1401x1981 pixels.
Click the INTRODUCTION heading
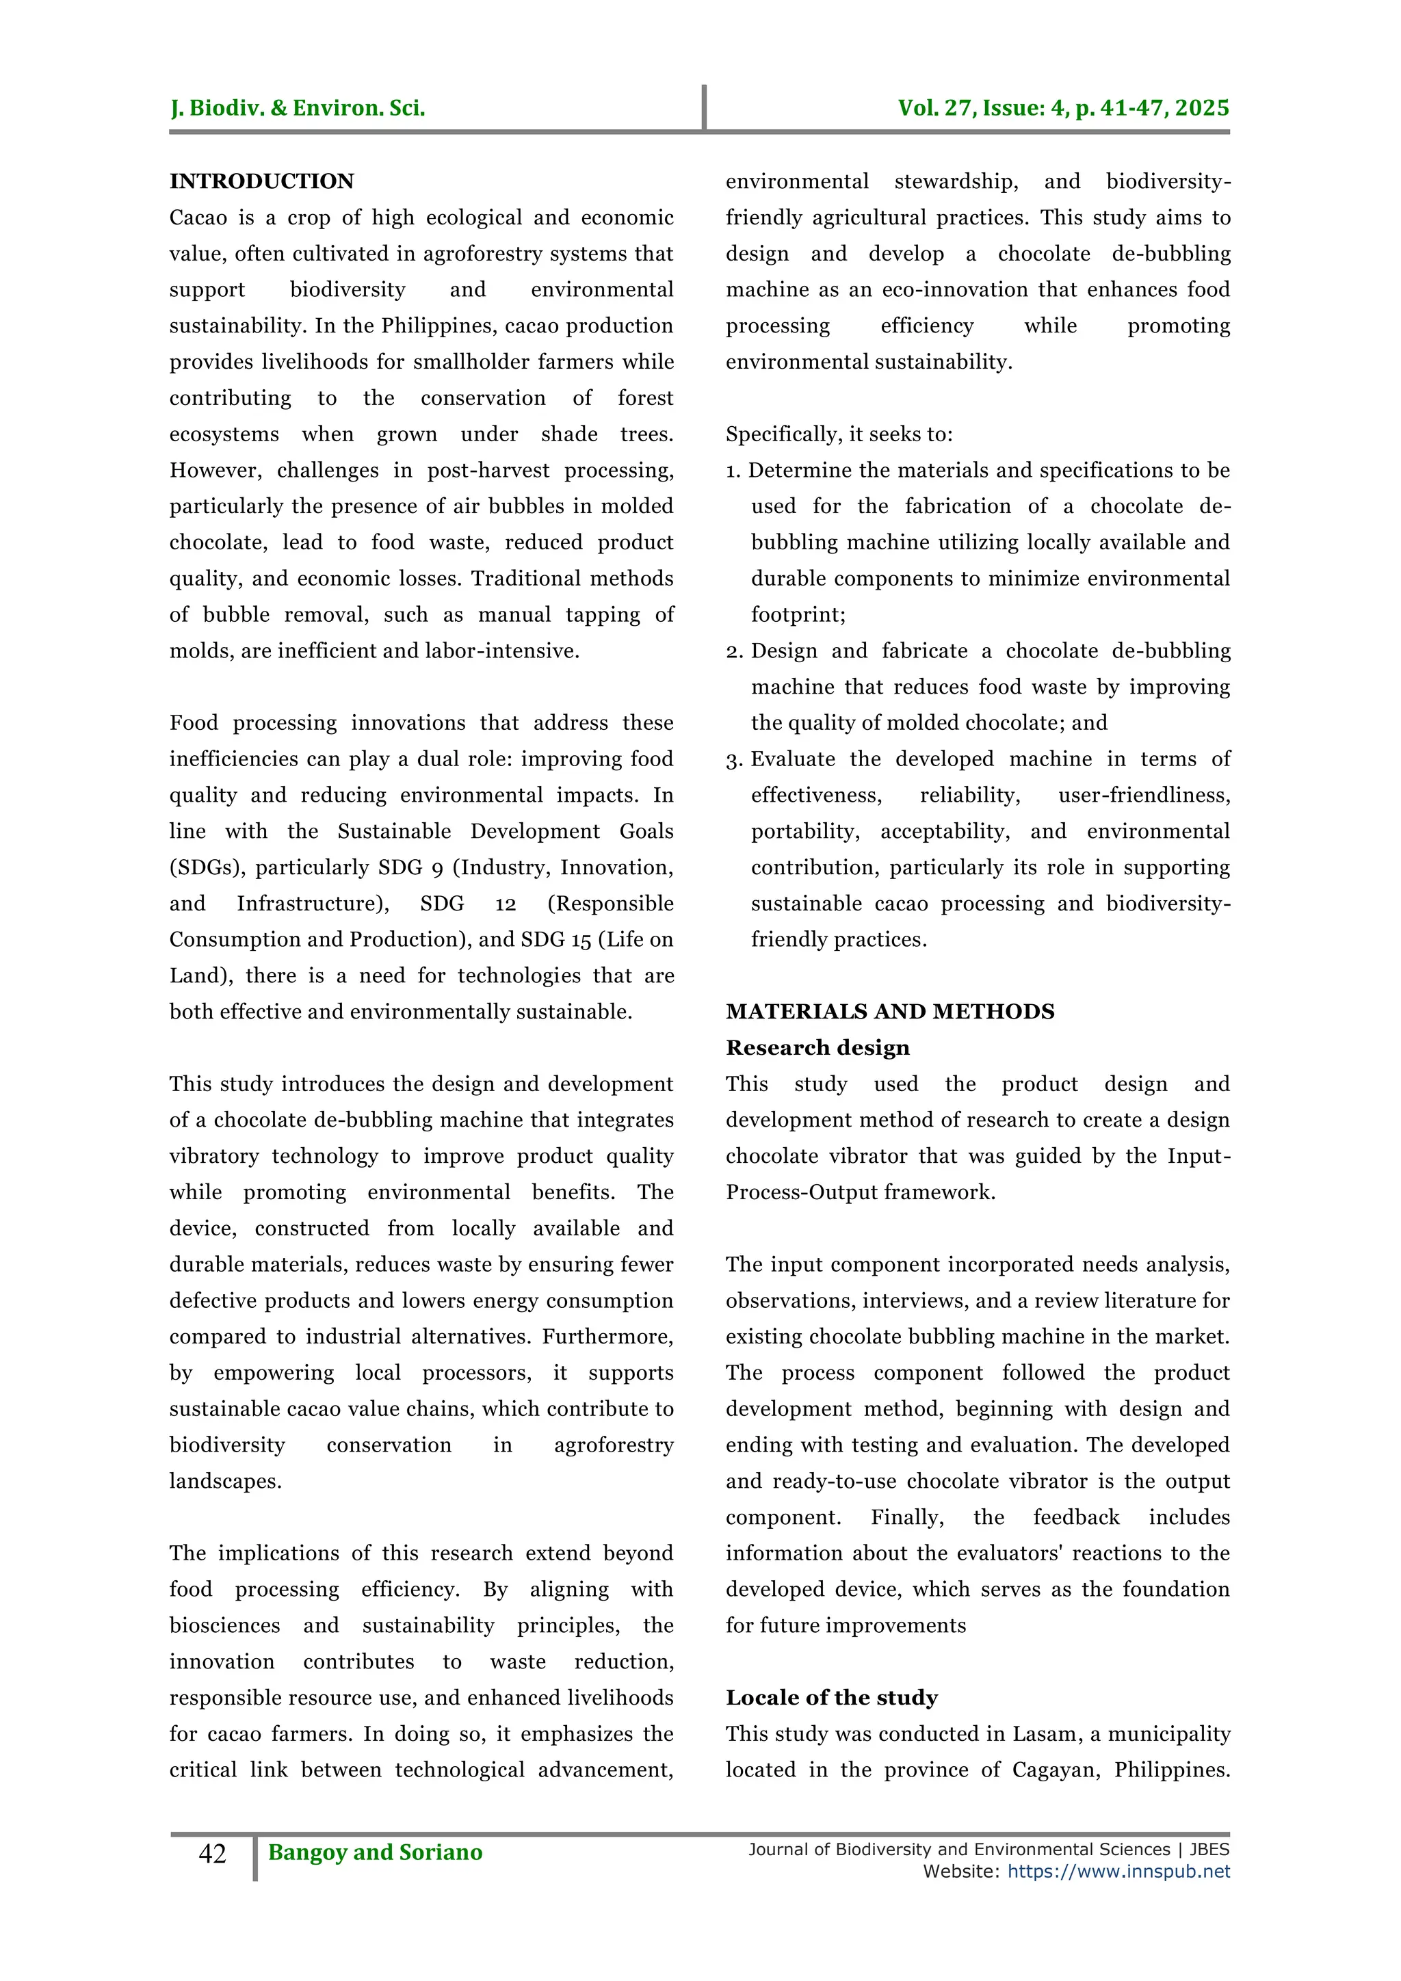(x=261, y=181)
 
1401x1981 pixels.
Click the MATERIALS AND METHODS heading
(x=889, y=1011)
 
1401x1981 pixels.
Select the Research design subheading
(x=817, y=1047)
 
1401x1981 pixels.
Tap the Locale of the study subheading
(x=832, y=1697)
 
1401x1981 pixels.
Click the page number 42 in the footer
(x=212, y=1852)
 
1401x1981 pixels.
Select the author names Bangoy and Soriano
(x=376, y=1852)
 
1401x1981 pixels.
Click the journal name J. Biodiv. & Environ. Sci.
(x=298, y=108)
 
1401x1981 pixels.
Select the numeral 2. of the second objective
(x=734, y=651)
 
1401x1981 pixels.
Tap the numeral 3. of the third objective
(x=734, y=760)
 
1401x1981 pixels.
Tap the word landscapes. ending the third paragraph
(x=225, y=1480)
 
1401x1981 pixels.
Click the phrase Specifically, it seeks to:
(x=839, y=434)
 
